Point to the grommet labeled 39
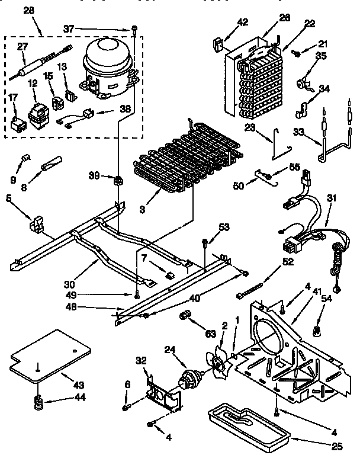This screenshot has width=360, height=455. [118, 178]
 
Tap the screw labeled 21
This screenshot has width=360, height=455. [297, 53]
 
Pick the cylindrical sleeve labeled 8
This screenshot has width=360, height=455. [52, 162]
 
